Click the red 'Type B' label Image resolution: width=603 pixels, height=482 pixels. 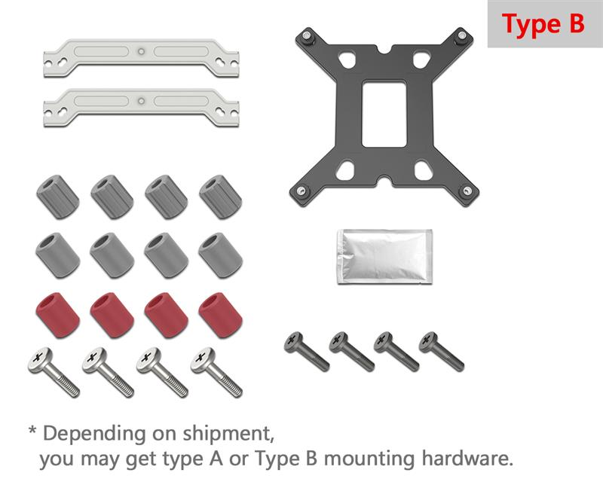[x=543, y=24]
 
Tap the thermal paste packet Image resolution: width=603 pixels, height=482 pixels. [x=384, y=257]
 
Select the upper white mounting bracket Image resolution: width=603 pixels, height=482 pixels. [x=141, y=58]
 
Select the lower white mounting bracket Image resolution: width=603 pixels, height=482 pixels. [x=141, y=108]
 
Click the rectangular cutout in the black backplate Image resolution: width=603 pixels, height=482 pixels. [x=384, y=114]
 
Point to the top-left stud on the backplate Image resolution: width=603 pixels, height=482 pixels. [x=307, y=35]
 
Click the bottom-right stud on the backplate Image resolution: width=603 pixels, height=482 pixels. [x=467, y=191]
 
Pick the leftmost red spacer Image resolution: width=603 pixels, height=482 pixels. [x=58, y=316]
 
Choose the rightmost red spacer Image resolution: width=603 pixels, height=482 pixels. [x=220, y=316]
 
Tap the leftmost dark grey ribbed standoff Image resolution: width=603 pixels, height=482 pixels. [x=58, y=197]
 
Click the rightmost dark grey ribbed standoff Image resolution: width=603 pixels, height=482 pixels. [x=220, y=197]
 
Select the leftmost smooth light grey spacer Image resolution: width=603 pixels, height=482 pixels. [x=58, y=255]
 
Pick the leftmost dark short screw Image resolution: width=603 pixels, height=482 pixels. [x=307, y=352]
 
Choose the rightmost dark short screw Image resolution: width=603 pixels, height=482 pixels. [x=442, y=352]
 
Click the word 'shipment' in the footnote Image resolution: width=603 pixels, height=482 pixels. [x=228, y=433]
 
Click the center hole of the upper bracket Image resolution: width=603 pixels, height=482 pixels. [x=142, y=51]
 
